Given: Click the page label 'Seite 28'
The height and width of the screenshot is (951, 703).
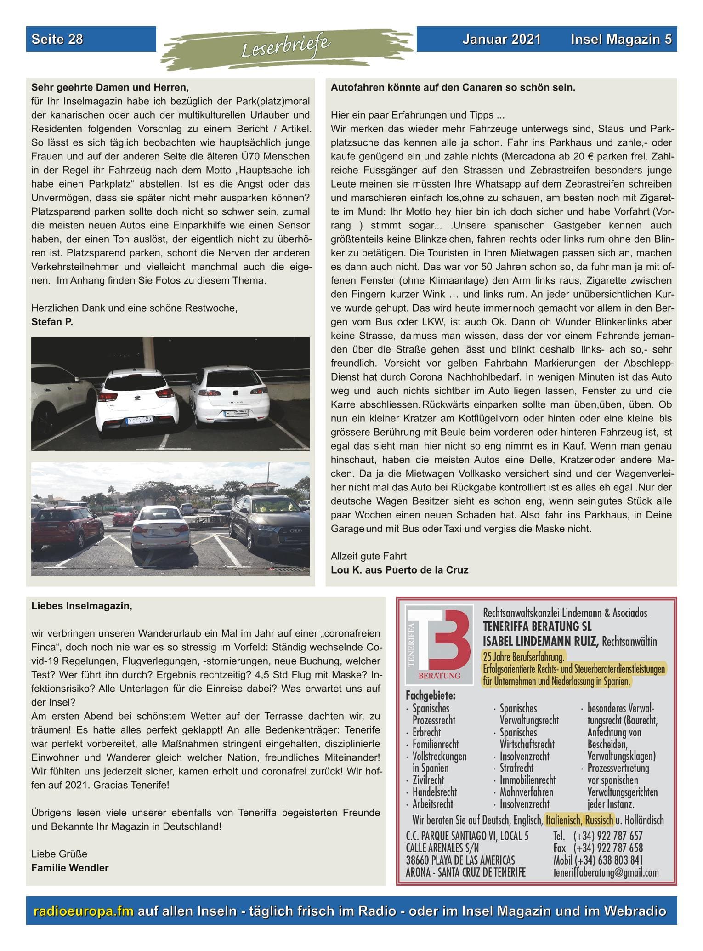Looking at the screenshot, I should tap(57, 39).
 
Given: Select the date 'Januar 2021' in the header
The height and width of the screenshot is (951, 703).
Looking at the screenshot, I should tap(501, 39).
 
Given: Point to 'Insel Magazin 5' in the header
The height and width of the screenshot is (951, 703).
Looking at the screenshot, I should tap(621, 39).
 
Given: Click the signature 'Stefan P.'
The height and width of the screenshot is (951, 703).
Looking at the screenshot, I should tap(52, 322).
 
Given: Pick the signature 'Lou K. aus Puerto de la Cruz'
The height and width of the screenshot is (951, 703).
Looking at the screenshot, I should tap(399, 570).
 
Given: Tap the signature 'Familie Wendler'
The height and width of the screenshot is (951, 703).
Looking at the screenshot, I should tap(70, 868).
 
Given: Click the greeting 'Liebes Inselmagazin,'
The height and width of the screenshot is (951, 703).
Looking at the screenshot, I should tap(81, 606).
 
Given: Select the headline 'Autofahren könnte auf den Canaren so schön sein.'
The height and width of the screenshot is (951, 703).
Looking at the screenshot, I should tap(453, 87).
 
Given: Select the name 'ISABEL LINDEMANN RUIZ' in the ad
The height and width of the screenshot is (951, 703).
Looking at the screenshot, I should tap(540, 642).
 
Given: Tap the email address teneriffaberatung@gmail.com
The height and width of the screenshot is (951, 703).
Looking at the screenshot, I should tap(606, 872).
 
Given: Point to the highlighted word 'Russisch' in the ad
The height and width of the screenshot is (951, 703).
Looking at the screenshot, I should tap(599, 820).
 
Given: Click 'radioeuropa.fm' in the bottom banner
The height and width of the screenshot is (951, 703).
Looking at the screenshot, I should tap(84, 911).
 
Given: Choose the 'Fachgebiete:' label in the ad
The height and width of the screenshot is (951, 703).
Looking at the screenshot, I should tap(431, 695).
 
